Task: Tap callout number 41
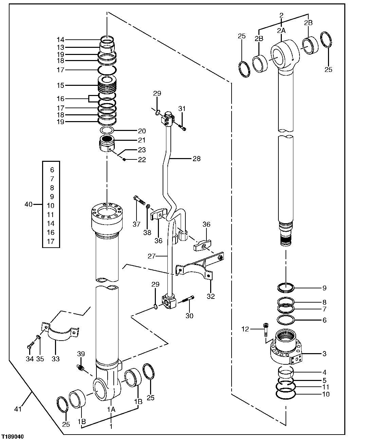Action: pyautogui.click(x=18, y=409)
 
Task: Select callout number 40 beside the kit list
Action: pyautogui.click(x=29, y=205)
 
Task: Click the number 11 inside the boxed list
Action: pyautogui.click(x=51, y=215)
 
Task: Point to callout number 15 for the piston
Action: pyautogui.click(x=60, y=85)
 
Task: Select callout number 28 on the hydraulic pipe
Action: pyautogui.click(x=196, y=158)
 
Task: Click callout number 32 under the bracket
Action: pyautogui.click(x=211, y=296)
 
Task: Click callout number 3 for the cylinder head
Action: pyautogui.click(x=324, y=354)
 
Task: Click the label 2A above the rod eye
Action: pyautogui.click(x=281, y=31)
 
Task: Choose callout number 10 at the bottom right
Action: pyautogui.click(x=326, y=394)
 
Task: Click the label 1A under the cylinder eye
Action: pyautogui.click(x=111, y=409)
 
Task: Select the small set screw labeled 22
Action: pyautogui.click(x=125, y=160)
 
